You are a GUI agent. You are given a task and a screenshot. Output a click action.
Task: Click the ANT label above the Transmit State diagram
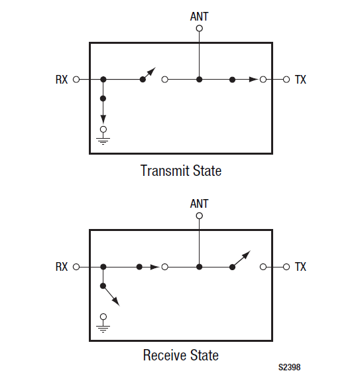click(199, 17)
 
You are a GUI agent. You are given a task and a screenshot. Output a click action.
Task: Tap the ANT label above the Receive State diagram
click(199, 204)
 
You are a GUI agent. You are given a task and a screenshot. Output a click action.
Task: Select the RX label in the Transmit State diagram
click(62, 80)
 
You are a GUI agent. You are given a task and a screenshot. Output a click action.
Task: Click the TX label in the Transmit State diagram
click(300, 80)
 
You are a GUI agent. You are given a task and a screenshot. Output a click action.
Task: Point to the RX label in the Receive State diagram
click(62, 267)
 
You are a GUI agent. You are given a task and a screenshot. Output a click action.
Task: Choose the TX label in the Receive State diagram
click(300, 267)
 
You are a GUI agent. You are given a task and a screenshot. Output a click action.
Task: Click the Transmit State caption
click(181, 171)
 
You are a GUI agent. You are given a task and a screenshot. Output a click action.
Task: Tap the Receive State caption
click(181, 355)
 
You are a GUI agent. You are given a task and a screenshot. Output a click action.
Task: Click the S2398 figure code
click(289, 367)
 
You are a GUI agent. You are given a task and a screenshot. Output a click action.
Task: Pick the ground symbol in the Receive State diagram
click(103, 327)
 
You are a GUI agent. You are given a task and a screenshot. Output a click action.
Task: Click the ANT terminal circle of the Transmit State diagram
click(200, 29)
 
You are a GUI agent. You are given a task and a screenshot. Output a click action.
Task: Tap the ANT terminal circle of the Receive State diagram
click(200, 216)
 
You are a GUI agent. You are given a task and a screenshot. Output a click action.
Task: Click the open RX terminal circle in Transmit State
click(76, 80)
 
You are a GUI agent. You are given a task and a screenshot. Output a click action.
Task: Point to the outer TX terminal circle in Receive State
click(286, 267)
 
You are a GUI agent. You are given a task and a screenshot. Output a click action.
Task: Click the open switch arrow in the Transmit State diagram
click(148, 74)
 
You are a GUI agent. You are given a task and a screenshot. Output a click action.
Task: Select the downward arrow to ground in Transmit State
click(103, 111)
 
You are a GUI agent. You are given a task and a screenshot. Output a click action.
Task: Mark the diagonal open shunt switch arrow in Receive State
click(111, 295)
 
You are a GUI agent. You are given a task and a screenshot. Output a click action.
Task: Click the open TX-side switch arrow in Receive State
click(241, 260)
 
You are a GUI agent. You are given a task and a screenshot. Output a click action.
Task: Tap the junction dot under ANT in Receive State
click(200, 267)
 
